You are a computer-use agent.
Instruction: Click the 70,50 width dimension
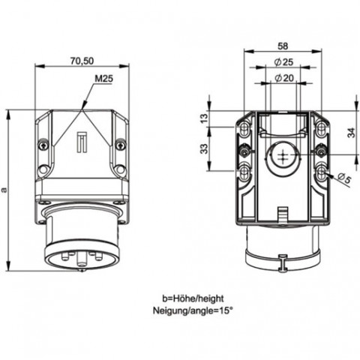click(x=82, y=61)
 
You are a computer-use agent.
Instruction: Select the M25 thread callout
click(x=103, y=79)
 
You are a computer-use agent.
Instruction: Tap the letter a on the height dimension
click(x=4, y=190)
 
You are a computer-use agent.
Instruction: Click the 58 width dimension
click(x=283, y=46)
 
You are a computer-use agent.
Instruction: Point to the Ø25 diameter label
click(x=283, y=62)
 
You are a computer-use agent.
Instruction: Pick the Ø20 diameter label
click(x=284, y=78)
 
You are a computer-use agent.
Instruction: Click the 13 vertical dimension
click(x=205, y=118)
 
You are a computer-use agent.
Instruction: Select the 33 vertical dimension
click(x=205, y=148)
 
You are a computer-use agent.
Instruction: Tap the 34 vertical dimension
click(x=352, y=133)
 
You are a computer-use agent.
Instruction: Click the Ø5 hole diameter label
click(x=345, y=179)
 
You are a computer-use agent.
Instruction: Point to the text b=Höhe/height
click(x=193, y=298)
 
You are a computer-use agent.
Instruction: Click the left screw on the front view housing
click(x=43, y=145)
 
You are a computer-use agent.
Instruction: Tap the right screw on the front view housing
click(x=121, y=145)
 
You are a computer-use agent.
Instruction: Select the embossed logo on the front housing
click(x=82, y=142)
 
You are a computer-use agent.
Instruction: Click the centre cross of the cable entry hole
click(x=283, y=155)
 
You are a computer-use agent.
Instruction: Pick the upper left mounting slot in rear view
click(x=244, y=127)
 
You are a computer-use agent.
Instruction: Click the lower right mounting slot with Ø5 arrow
click(x=321, y=172)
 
